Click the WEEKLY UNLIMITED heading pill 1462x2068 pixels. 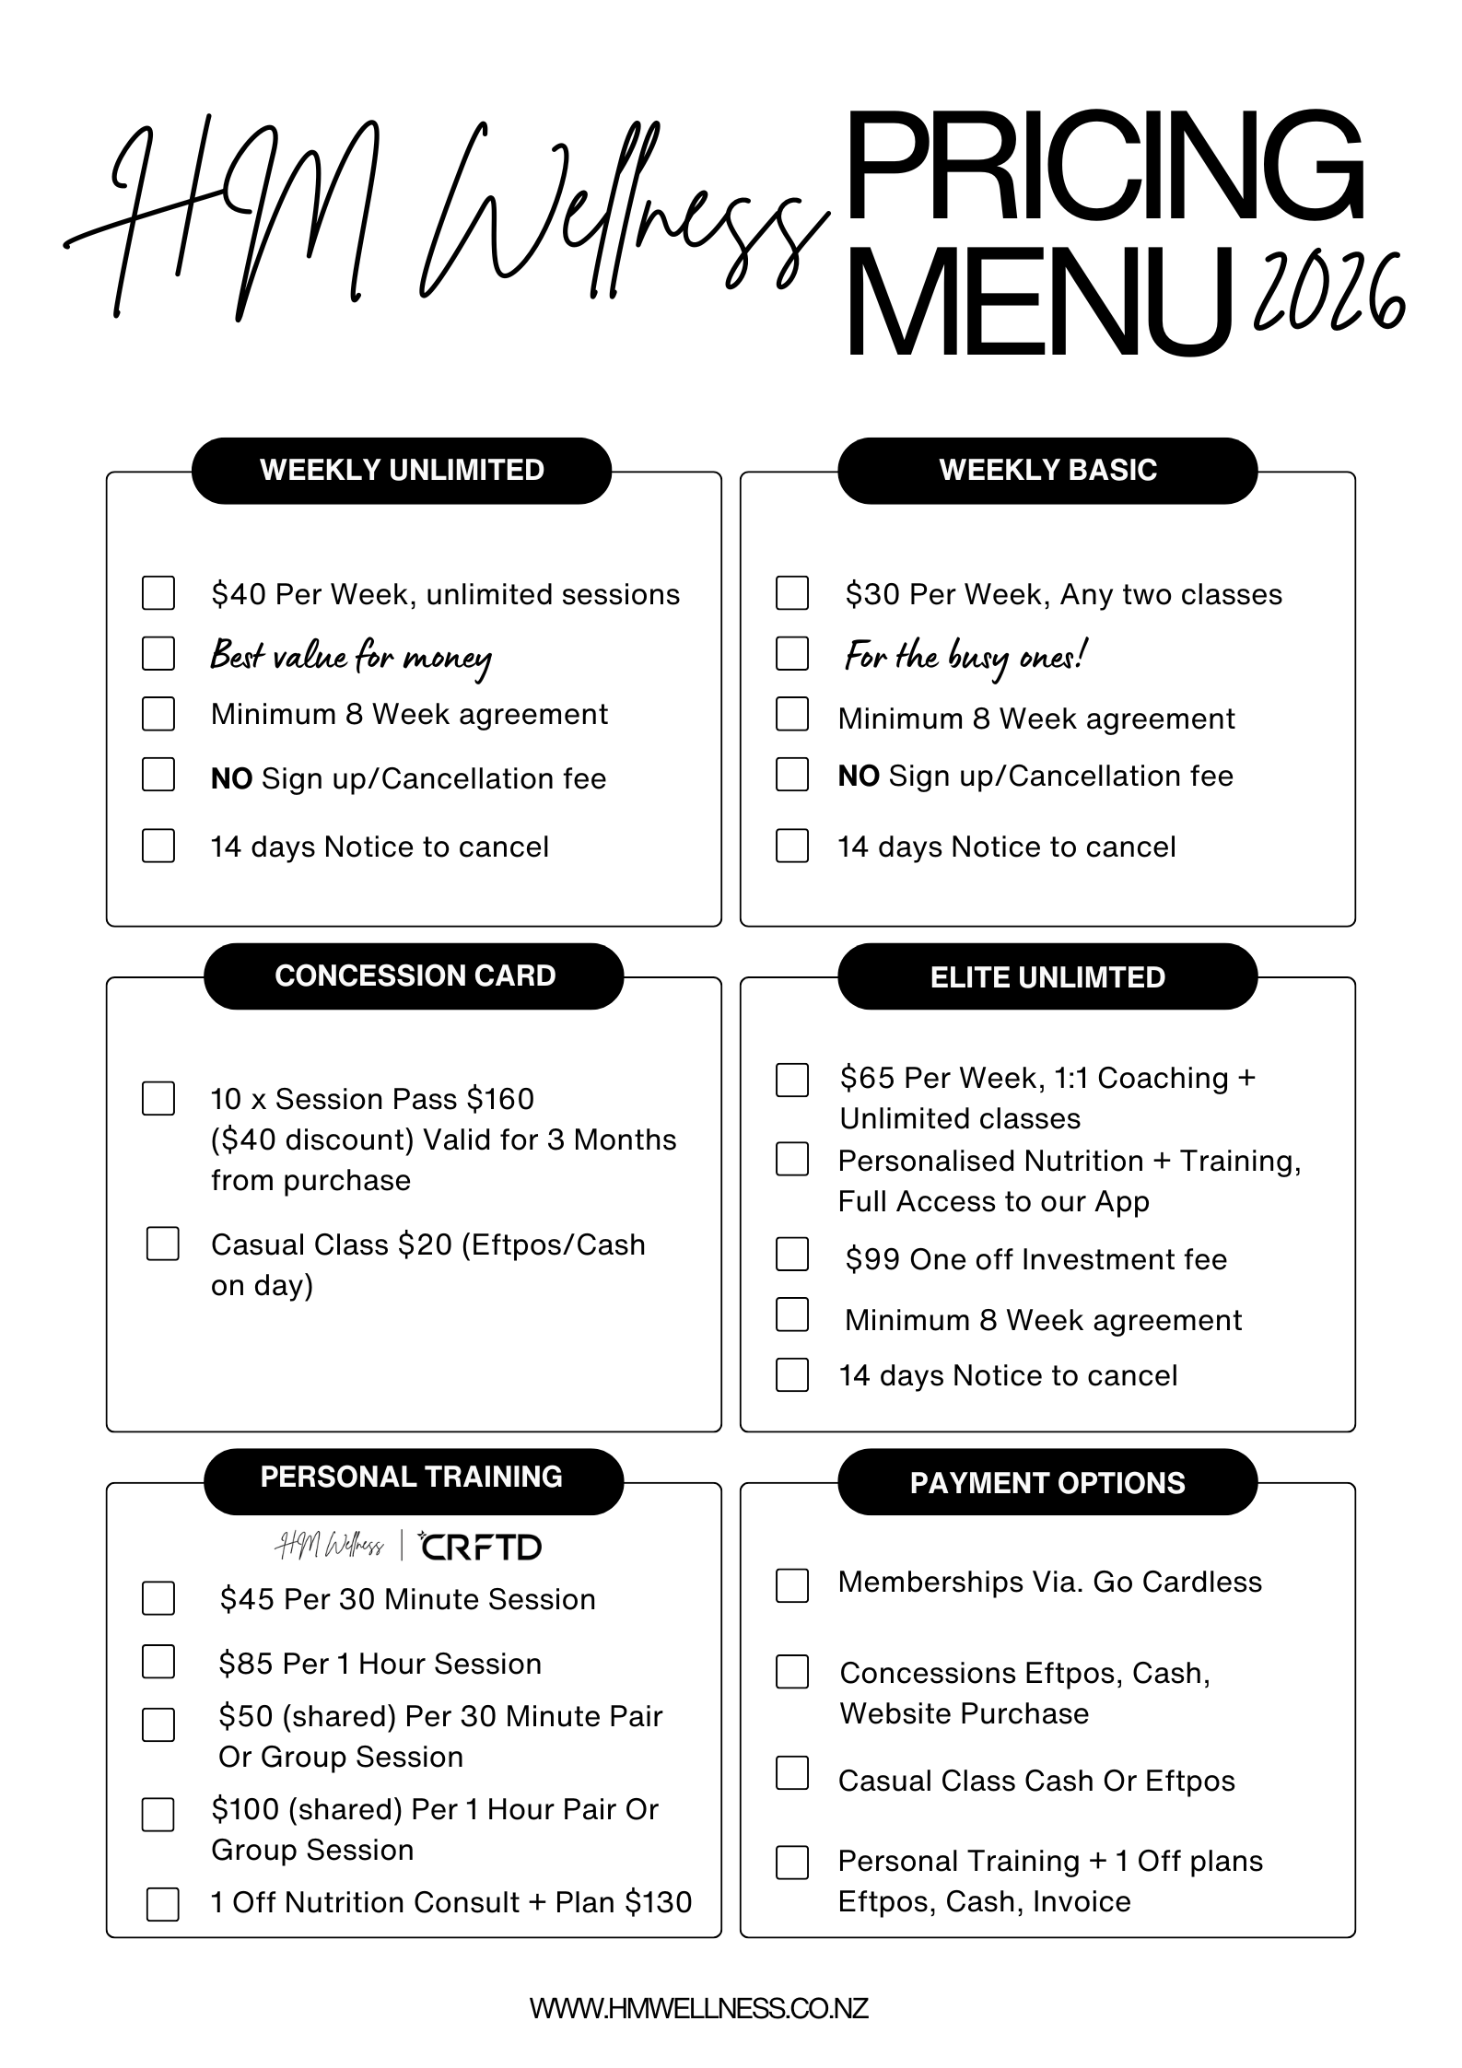point(402,470)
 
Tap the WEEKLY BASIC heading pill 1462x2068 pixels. point(1047,470)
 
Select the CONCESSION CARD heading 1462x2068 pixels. point(414,976)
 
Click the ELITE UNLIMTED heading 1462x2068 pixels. point(1047,976)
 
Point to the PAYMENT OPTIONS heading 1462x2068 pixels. point(1047,1482)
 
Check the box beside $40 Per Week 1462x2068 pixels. point(158,593)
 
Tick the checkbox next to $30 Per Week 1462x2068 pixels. point(792,593)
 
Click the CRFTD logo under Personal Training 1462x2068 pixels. point(480,1547)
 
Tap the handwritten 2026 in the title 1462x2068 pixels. point(1328,294)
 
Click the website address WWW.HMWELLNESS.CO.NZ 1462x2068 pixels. point(698,2008)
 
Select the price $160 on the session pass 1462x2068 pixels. point(500,1099)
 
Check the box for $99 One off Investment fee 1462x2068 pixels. point(792,1255)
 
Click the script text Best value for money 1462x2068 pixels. point(350,657)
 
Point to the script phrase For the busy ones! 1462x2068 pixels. point(965,657)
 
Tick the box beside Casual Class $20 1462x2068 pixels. point(163,1244)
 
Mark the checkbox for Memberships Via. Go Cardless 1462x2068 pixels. point(792,1585)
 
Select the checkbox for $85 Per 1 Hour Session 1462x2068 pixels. point(158,1661)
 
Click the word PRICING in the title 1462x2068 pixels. point(1103,169)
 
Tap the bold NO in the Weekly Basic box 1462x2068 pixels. point(858,777)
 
